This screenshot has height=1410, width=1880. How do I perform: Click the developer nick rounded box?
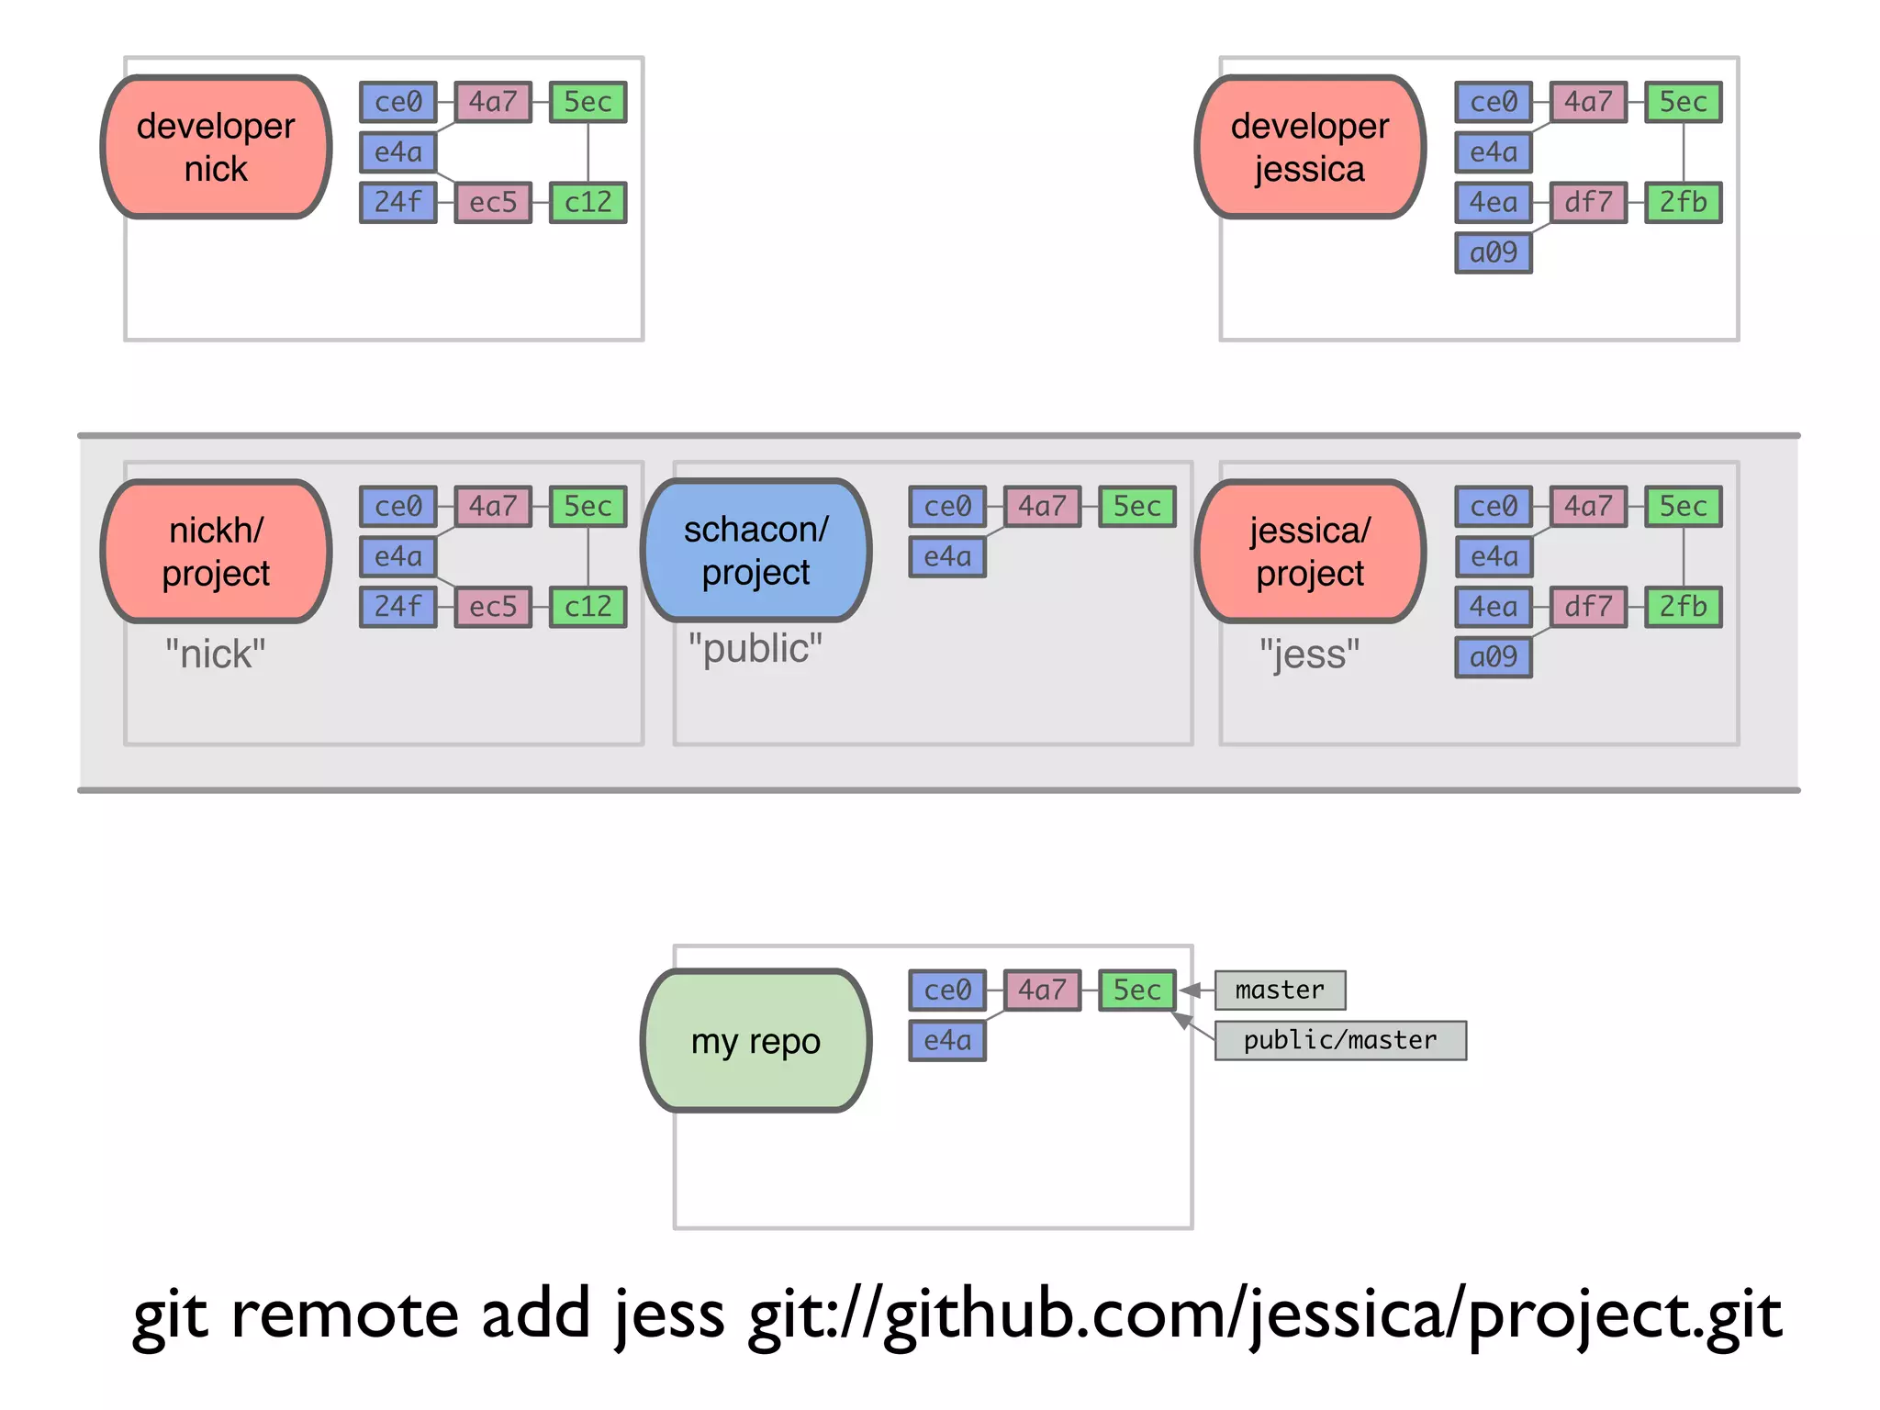[216, 147]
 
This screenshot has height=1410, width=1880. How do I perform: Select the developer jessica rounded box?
[1310, 147]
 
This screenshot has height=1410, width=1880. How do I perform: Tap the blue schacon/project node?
[755, 551]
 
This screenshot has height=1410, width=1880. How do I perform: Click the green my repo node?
[755, 1041]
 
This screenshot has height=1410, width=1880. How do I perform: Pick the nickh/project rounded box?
[216, 552]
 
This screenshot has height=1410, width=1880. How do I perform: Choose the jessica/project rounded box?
[1310, 552]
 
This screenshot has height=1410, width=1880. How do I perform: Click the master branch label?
[1280, 990]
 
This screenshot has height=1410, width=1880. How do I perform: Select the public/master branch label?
[1340, 1040]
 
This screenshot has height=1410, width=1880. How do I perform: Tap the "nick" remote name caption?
[215, 655]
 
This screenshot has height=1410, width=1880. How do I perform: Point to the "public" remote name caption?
[755, 649]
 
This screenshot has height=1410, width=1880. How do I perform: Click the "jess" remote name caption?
[1310, 655]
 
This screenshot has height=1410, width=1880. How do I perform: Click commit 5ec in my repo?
[1136, 990]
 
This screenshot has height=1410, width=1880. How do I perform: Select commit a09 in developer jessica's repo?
[1494, 252]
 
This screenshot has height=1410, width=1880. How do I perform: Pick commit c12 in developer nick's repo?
[587, 202]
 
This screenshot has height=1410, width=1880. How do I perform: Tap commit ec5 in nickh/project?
[493, 607]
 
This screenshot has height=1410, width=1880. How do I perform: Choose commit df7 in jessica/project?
[1588, 607]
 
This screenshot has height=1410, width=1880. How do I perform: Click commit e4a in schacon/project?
[947, 556]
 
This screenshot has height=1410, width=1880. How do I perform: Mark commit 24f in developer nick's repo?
[397, 202]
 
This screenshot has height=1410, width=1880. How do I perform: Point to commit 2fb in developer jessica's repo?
[1683, 202]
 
